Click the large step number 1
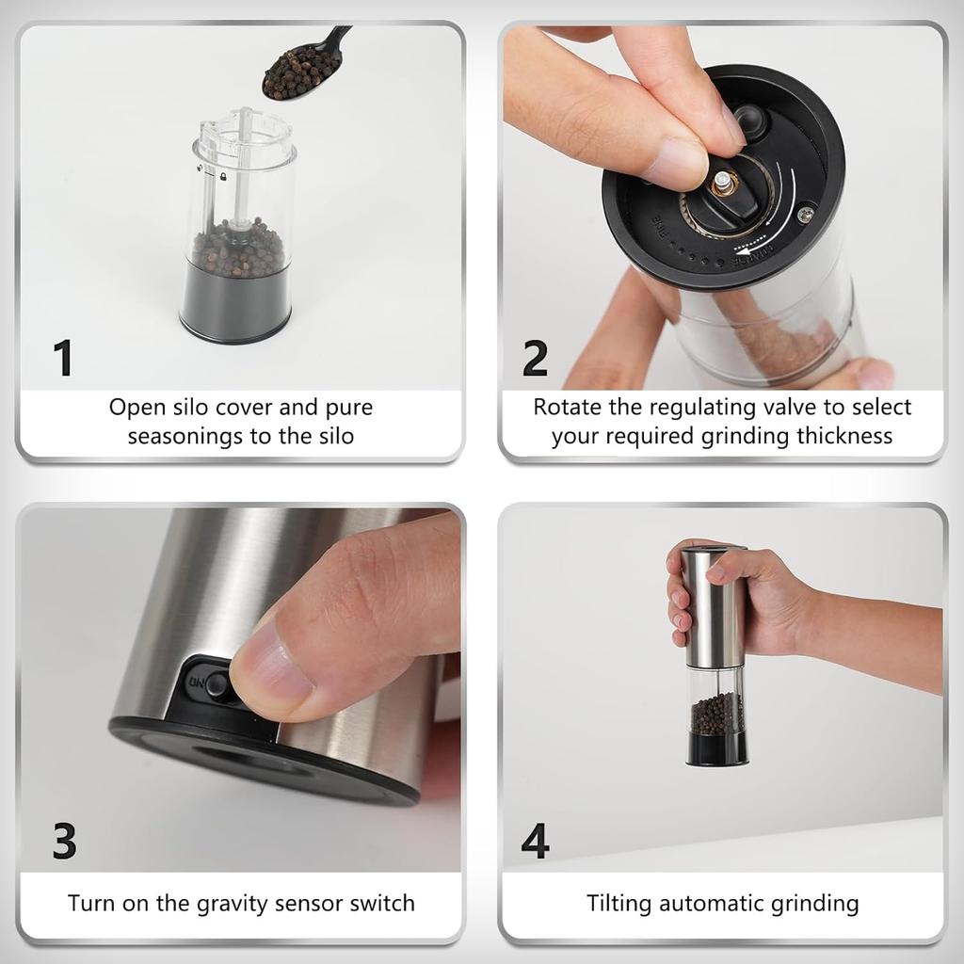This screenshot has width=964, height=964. point(63,357)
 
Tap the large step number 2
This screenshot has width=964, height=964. point(535,357)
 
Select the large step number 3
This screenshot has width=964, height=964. point(65,841)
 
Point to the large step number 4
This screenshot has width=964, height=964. point(535,841)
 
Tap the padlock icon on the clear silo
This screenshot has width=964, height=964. point(222,176)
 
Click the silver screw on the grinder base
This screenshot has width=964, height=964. point(806,214)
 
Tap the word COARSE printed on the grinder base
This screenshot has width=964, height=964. point(751,256)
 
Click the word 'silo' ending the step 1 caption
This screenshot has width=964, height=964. point(336,436)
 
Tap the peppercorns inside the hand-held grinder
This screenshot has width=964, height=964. point(716,714)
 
